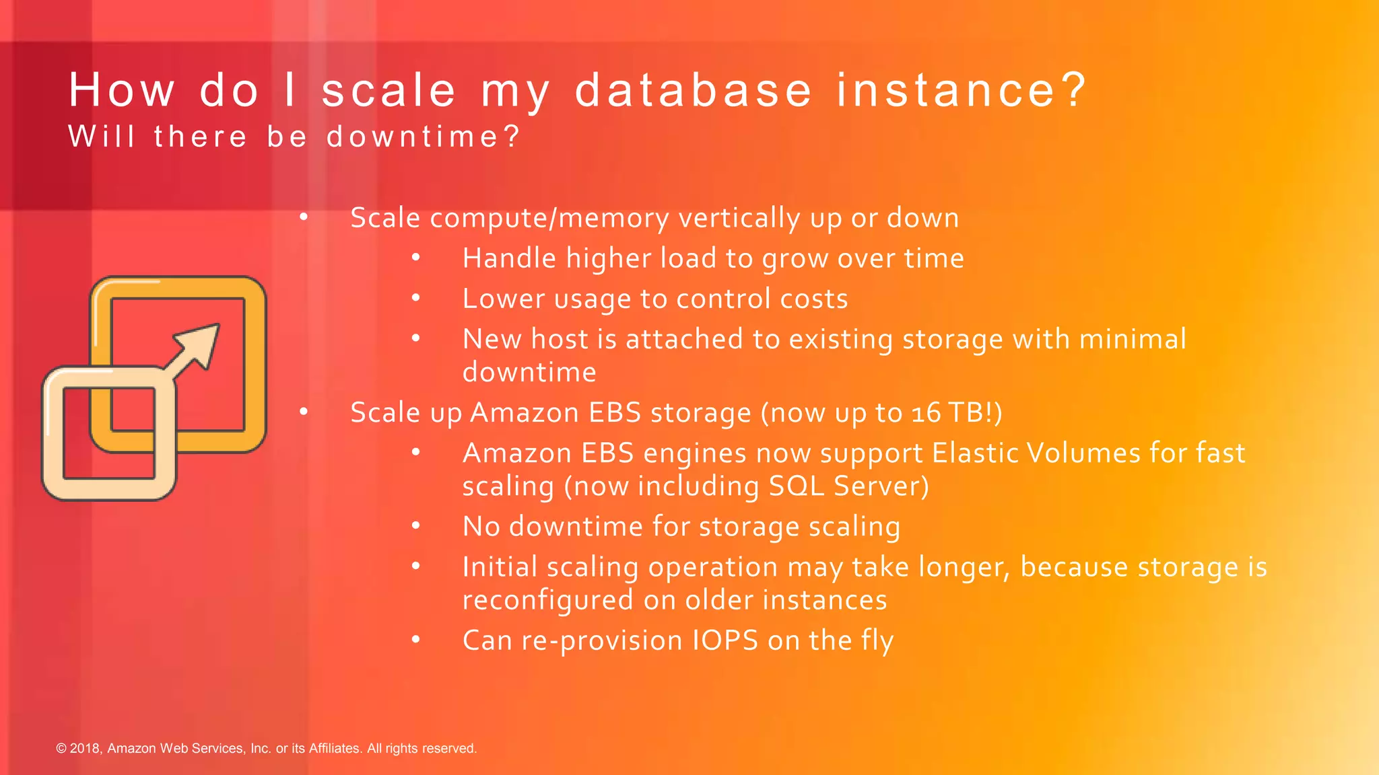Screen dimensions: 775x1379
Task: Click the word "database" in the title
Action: pyautogui.click(x=693, y=90)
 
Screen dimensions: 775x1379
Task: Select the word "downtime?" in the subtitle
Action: pyautogui.click(x=424, y=137)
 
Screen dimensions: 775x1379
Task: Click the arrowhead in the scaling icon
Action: pyautogui.click(x=203, y=342)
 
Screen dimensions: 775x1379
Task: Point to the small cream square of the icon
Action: pyautogui.click(x=108, y=433)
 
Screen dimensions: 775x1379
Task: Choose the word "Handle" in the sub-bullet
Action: pyautogui.click(x=510, y=258)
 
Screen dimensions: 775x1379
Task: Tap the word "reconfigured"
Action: pyautogui.click(x=547, y=600)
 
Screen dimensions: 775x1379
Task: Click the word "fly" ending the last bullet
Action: pyautogui.click(x=877, y=640)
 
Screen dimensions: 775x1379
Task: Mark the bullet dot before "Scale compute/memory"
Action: pyautogui.click(x=304, y=217)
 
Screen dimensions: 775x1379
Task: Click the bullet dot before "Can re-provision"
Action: pyautogui.click(x=416, y=640)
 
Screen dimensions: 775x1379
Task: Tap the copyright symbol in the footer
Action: pyautogui.click(x=61, y=748)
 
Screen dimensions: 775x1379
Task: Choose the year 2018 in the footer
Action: pyautogui.click(x=86, y=748)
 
